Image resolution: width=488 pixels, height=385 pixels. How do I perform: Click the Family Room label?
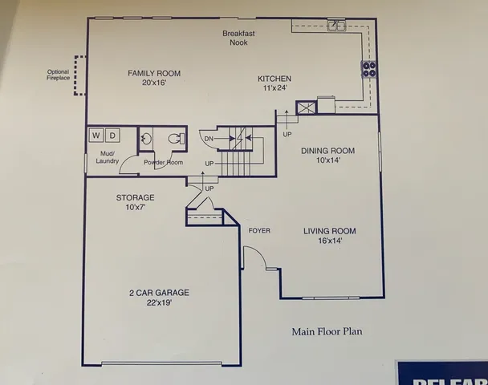tap(154, 78)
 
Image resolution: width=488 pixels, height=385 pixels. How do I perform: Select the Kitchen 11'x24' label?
tap(274, 83)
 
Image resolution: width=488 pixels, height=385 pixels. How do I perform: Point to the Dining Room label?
tap(327, 155)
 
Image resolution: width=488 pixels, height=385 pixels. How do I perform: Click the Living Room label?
tap(329, 236)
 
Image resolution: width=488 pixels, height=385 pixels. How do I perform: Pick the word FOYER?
tap(259, 231)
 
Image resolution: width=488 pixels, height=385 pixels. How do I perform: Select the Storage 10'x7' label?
tap(135, 202)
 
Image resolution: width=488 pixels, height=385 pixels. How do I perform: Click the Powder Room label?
tap(163, 163)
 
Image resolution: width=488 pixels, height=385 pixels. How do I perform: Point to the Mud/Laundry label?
tap(108, 157)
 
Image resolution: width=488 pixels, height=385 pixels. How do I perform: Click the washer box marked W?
tap(96, 136)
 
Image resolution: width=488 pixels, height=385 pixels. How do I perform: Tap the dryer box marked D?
tap(113, 136)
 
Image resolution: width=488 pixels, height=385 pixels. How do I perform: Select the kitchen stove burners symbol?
tap(369, 69)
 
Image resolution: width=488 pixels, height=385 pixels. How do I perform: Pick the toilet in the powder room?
tap(174, 139)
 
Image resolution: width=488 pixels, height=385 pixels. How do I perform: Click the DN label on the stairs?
tap(208, 139)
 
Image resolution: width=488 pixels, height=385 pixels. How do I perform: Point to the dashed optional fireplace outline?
tap(78, 75)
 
